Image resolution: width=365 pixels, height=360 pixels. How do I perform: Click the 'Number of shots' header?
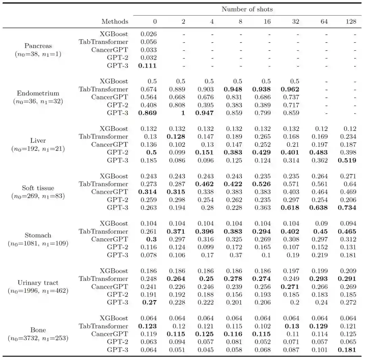click(x=247, y=9)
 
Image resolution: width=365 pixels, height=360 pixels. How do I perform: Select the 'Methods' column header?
click(x=115, y=22)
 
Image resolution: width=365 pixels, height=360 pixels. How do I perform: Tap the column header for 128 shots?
click(x=351, y=22)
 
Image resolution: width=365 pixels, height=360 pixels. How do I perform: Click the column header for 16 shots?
click(x=267, y=22)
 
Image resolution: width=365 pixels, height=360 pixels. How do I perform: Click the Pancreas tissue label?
click(x=38, y=46)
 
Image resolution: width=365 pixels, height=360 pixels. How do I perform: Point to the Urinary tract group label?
click(x=38, y=283)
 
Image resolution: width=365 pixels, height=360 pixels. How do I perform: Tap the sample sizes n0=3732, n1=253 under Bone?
click(x=38, y=338)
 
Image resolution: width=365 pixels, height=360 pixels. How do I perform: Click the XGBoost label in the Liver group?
click(x=114, y=129)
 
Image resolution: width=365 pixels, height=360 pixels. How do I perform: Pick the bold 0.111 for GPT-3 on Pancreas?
click(x=148, y=66)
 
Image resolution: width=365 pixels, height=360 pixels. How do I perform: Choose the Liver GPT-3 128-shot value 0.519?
click(x=347, y=160)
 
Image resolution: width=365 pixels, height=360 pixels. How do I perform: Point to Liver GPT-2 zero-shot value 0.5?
click(x=151, y=152)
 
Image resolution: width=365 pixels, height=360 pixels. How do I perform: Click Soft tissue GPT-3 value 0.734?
click(x=347, y=208)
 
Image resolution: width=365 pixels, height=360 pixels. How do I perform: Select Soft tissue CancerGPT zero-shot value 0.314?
click(x=148, y=192)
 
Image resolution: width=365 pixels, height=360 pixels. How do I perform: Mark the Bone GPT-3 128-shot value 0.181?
click(x=347, y=350)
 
